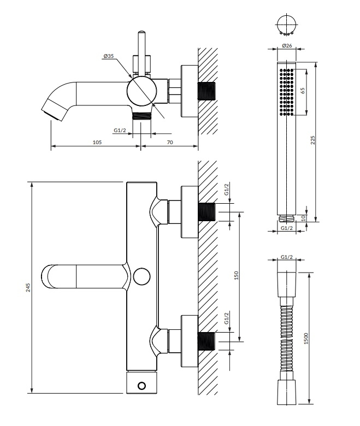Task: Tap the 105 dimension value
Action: (97, 142)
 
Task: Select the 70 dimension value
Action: (169, 142)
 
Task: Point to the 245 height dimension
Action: (28, 288)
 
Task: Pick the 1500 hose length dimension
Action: (307, 337)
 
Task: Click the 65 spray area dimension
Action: (302, 90)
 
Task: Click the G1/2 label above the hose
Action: (287, 257)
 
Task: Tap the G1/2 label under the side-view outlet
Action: (121, 129)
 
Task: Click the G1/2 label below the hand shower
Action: (287, 227)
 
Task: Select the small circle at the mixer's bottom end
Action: (142, 386)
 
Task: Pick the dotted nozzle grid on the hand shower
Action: (287, 91)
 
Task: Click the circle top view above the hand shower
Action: (286, 24)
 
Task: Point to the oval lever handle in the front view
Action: (82, 276)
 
